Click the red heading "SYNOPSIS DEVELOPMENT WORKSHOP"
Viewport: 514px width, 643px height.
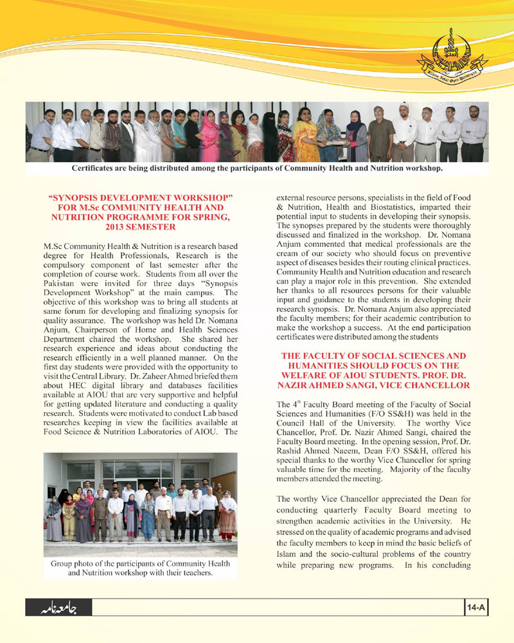click(141, 195)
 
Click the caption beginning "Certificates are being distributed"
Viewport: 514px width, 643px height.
click(257, 169)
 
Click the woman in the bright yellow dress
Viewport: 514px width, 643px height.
click(305, 138)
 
